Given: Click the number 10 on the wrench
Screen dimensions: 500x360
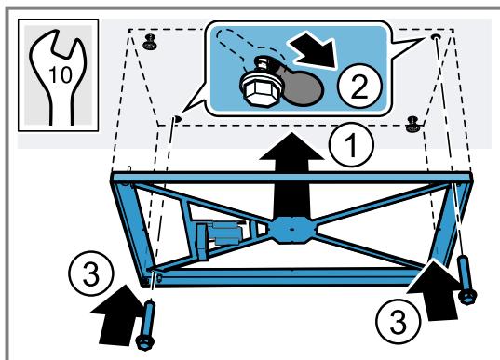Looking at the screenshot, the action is click(61, 75).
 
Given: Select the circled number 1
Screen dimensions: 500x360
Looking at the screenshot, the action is click(351, 144).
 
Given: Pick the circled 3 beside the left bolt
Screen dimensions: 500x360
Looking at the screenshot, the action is click(91, 274).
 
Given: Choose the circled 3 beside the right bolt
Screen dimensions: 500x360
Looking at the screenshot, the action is click(399, 322).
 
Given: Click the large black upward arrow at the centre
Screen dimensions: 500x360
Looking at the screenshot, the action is click(291, 176).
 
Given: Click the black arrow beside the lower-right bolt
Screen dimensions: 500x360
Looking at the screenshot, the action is click(434, 290).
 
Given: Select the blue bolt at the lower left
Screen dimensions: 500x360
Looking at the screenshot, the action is click(147, 326).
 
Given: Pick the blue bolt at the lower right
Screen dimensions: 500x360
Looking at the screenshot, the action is click(466, 280).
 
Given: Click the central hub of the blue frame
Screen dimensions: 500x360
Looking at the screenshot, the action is click(292, 230).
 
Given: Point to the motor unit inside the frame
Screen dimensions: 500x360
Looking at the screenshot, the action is click(220, 237).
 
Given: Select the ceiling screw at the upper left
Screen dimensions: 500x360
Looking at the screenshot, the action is click(150, 43).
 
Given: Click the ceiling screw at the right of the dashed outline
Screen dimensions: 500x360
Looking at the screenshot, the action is click(413, 125).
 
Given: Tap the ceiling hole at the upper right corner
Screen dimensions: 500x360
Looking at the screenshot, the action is click(436, 37).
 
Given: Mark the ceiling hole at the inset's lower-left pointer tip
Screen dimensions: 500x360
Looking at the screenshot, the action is click(178, 119).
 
